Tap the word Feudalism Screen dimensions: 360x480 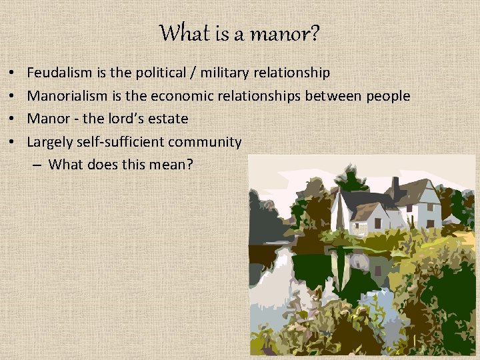coord(59,73)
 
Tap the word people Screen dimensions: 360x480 coord(387,96)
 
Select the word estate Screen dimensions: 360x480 coord(169,119)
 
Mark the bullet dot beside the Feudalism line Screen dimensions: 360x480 coord(13,73)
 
